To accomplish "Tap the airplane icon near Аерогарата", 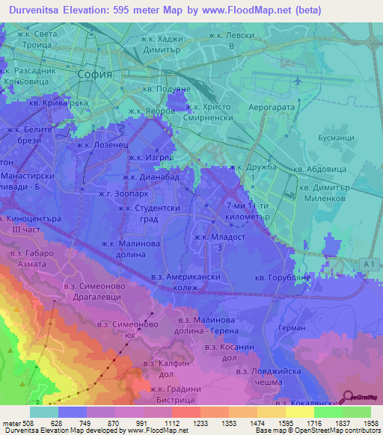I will [x=299, y=81].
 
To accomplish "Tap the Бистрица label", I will [x=161, y=399].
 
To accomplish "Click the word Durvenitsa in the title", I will [x=34, y=10].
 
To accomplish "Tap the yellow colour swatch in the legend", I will [x=299, y=412].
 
